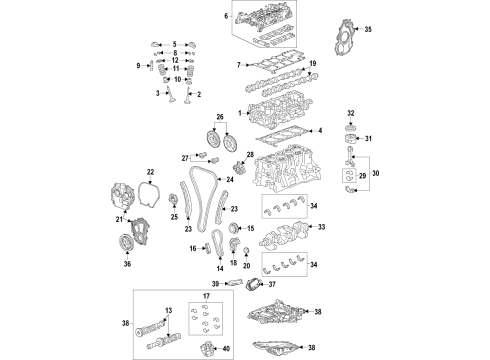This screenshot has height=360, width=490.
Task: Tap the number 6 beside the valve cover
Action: [226, 17]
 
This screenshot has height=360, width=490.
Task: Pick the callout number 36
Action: [127, 265]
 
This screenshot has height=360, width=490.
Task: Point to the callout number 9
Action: [139, 66]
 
